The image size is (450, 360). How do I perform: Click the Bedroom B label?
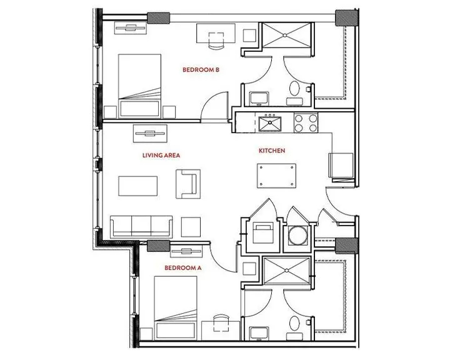[201, 69]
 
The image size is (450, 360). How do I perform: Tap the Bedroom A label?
[182, 268]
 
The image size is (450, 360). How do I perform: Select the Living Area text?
[161, 155]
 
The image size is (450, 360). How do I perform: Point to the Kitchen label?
[272, 151]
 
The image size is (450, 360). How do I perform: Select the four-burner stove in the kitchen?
[306, 123]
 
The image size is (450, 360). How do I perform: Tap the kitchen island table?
[276, 176]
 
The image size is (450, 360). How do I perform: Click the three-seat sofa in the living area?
[141, 226]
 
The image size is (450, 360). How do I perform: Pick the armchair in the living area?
[188, 184]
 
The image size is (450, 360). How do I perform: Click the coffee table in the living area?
[137, 186]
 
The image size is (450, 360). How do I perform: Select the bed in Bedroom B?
[139, 86]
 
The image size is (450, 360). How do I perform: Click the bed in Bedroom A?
[176, 308]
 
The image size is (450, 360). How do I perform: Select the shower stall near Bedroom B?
[286, 35]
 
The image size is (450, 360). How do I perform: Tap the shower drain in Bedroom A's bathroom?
[286, 270]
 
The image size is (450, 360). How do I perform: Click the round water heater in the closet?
[298, 236]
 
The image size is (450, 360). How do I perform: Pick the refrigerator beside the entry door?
[341, 166]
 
